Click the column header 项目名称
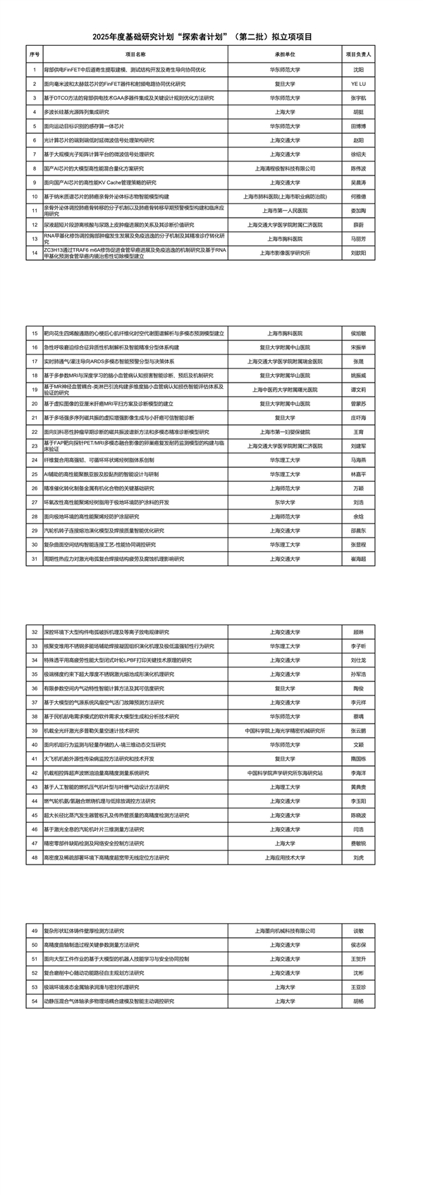click(x=135, y=54)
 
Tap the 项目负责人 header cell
click(x=359, y=54)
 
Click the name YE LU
click(x=359, y=84)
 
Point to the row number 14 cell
click(x=35, y=253)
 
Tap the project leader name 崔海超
click(x=359, y=559)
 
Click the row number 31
click(x=35, y=559)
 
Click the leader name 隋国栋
click(x=359, y=759)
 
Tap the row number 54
click(x=35, y=1001)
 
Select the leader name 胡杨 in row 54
click(x=359, y=1001)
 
